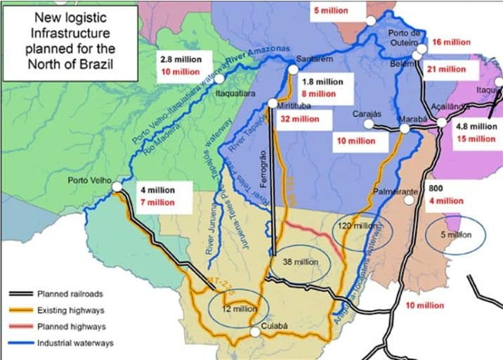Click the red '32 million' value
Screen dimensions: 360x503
299,119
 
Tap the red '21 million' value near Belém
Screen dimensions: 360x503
445,69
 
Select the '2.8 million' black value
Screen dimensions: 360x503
181,59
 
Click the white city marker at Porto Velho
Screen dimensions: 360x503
117,186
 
